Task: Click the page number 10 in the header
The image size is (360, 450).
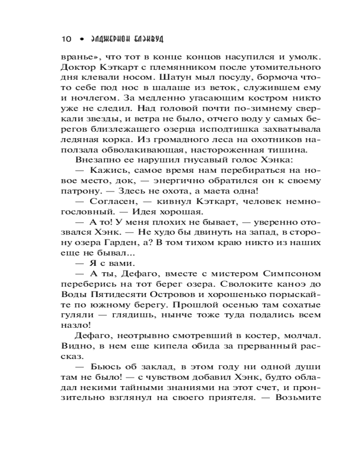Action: (x=66, y=39)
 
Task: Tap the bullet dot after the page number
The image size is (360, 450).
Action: (x=81, y=39)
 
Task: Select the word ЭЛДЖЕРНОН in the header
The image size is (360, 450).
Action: (x=107, y=39)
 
